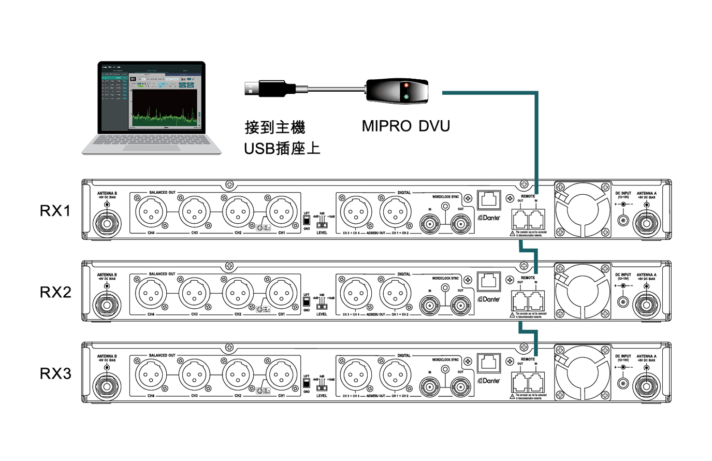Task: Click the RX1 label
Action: (55, 211)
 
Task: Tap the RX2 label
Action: (55, 292)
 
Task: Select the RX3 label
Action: (55, 373)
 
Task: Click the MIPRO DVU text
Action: (405, 126)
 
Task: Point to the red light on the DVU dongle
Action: (406, 85)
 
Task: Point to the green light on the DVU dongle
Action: (406, 96)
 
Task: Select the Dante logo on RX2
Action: (489, 299)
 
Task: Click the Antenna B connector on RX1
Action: (107, 223)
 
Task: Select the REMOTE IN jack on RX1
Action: (536, 219)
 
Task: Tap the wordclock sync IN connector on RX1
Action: (430, 224)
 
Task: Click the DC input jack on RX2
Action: (623, 302)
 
